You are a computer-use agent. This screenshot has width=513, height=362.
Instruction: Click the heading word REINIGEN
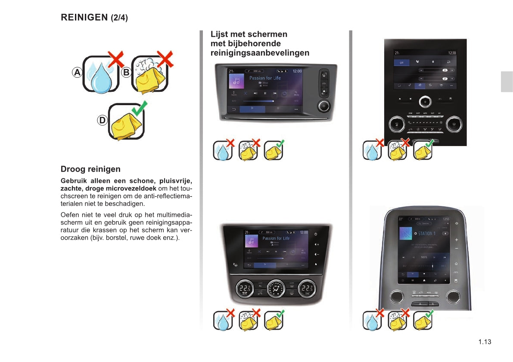coord(84,18)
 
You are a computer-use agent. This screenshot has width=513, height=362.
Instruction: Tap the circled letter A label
coord(77,72)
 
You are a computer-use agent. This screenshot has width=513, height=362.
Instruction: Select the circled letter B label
coord(126,72)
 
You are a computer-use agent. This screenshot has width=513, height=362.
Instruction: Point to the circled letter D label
coord(102,121)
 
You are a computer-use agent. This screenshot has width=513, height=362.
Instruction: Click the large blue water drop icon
coord(101,78)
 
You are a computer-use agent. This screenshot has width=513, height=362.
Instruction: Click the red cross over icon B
coord(165,59)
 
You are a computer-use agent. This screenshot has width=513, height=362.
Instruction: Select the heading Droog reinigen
coord(90,169)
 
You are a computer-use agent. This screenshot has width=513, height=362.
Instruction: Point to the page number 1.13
coord(485,342)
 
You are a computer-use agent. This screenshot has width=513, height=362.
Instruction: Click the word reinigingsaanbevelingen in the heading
coord(260,53)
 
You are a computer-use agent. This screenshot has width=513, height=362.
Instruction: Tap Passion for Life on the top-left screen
coord(265,78)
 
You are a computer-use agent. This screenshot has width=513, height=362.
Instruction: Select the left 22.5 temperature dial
coord(245,289)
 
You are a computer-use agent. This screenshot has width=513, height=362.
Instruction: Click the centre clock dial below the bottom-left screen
coord(275,289)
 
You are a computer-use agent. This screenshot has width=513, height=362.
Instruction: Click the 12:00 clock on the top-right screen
coord(451,53)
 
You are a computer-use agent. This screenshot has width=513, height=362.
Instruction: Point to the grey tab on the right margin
coord(507,82)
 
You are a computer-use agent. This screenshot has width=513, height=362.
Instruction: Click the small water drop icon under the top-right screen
coord(371,151)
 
